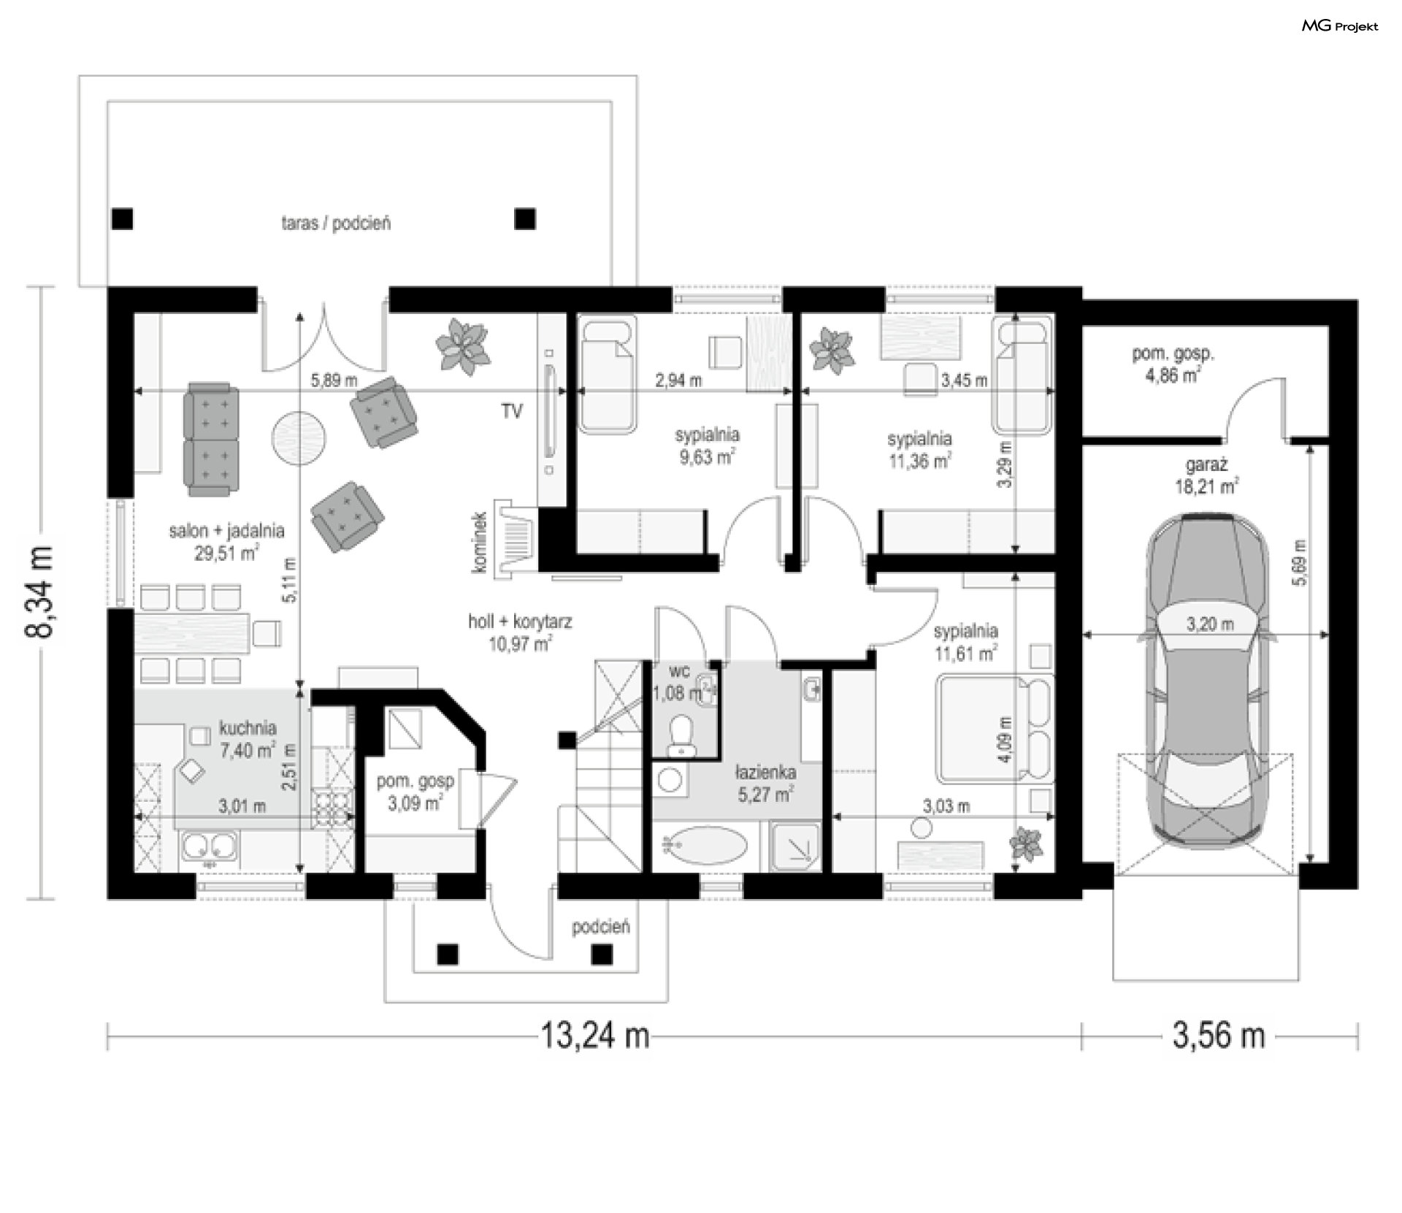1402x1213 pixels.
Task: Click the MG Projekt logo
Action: (1340, 26)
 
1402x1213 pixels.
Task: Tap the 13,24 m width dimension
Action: (594, 1036)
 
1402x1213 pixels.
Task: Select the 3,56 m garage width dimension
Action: (1219, 1036)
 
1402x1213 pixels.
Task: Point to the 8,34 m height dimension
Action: (40, 592)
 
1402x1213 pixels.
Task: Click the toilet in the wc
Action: (682, 735)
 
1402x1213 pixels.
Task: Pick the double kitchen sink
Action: (209, 848)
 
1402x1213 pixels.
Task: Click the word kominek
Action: (479, 542)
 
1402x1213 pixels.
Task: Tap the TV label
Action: (512, 412)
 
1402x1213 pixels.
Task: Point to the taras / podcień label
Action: (336, 223)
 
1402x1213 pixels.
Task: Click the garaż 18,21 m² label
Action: (1206, 475)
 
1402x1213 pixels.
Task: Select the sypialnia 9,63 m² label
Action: (706, 446)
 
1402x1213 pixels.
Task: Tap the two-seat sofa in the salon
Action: (210, 438)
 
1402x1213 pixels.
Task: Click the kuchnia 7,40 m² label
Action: (248, 738)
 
